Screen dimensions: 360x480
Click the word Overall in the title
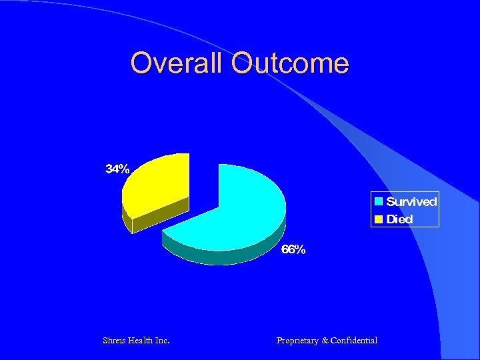click(179, 63)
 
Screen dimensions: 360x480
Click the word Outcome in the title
click(290, 63)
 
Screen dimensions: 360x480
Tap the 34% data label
click(118, 169)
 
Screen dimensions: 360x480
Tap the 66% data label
click(293, 249)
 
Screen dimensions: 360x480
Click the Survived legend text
click(411, 201)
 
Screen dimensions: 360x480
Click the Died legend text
click(399, 219)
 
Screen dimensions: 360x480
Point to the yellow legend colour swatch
click(379, 219)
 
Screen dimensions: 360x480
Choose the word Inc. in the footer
click(161, 341)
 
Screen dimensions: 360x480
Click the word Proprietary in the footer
click(297, 341)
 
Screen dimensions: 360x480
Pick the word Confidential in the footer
click(354, 341)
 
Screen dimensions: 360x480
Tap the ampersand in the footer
click(325, 341)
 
